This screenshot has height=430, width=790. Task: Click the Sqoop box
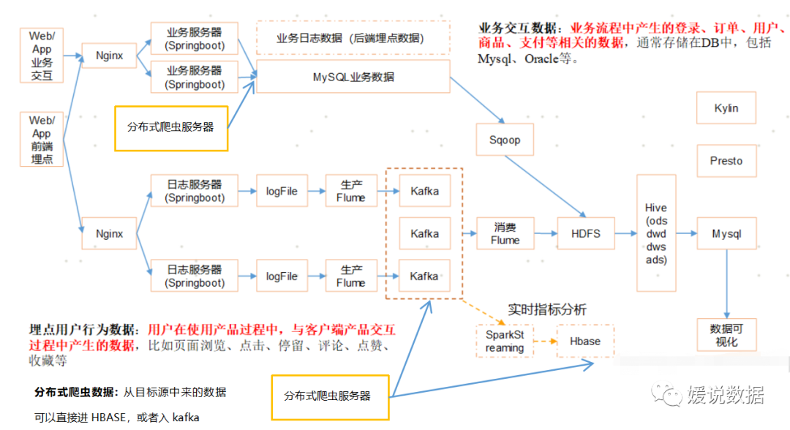[x=504, y=140]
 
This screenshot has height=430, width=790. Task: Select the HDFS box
[x=585, y=234]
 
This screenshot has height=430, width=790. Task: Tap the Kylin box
[x=726, y=108]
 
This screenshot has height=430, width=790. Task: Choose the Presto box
[x=726, y=161]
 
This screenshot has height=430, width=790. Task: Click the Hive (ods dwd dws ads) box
[x=655, y=234]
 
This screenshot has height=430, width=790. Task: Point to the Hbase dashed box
[x=584, y=342]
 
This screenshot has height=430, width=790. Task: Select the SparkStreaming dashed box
[x=505, y=342]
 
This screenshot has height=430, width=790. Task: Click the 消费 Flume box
[x=505, y=234]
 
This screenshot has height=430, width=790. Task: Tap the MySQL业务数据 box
[x=353, y=77]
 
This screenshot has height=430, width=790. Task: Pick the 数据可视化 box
[x=726, y=336]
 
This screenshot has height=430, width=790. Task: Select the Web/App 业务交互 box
[x=42, y=56]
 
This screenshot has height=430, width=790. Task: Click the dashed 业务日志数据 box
[x=353, y=38]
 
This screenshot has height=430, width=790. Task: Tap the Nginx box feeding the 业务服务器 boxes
[x=109, y=56]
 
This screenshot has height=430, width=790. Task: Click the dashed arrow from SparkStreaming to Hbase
[x=545, y=342]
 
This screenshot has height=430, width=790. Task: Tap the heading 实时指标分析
[x=547, y=310]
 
